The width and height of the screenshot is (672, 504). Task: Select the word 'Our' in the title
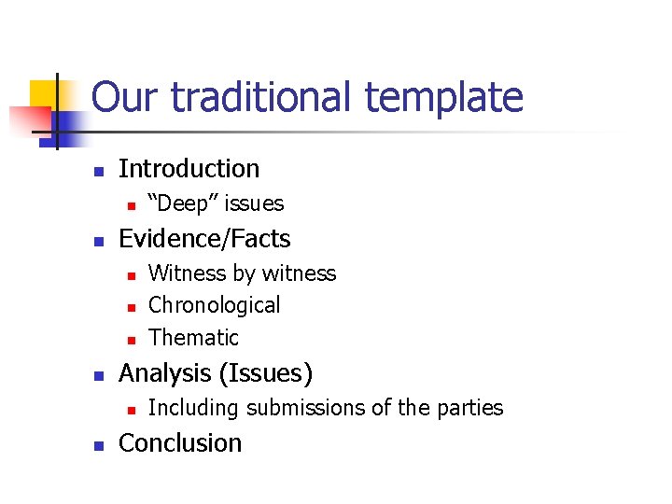point(123,97)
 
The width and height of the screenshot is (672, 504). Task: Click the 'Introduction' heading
point(189,169)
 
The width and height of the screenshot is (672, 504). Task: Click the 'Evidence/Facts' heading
point(204,239)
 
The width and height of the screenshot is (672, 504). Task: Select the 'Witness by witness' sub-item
point(242,273)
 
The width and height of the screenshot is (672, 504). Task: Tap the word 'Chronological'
point(214,305)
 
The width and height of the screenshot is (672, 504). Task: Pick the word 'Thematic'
point(193,337)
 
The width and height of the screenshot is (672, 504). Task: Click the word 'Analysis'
point(165,373)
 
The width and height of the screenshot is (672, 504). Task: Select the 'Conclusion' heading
point(180,442)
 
